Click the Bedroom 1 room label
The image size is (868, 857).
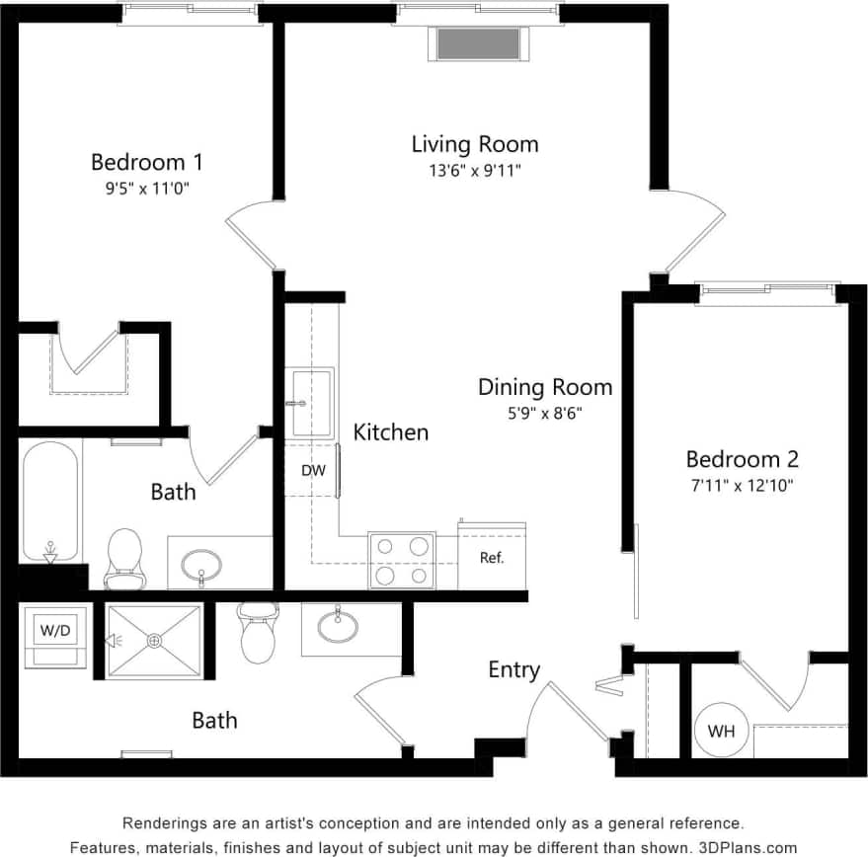pyautogui.click(x=146, y=162)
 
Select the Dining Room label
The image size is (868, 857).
pyautogui.click(x=545, y=387)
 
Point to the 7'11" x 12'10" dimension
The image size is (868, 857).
pyautogui.click(x=742, y=485)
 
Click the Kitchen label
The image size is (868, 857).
pyautogui.click(x=391, y=432)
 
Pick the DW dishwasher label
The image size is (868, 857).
pyautogui.click(x=313, y=471)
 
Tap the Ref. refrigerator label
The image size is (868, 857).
pyautogui.click(x=492, y=558)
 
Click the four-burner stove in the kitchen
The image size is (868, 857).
pyautogui.click(x=402, y=560)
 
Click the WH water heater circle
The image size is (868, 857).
pyautogui.click(x=721, y=732)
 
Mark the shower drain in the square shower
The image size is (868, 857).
pyautogui.click(x=154, y=641)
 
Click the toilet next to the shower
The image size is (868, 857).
pyautogui.click(x=257, y=635)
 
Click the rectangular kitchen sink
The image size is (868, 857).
pyautogui.click(x=310, y=402)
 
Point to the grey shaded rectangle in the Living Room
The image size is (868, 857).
pyautogui.click(x=479, y=43)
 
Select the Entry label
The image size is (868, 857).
pyautogui.click(x=513, y=670)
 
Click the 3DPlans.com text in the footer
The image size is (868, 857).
pyautogui.click(x=747, y=847)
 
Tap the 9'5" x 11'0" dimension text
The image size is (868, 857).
pyautogui.click(x=146, y=187)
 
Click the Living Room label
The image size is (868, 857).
pyautogui.click(x=475, y=144)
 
